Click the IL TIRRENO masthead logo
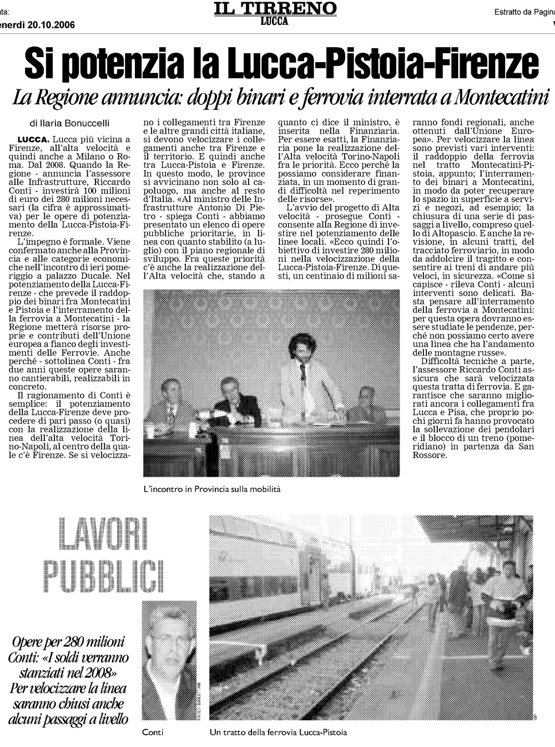[x=275, y=8]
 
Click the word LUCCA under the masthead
[x=275, y=21]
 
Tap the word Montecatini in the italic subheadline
[x=501, y=98]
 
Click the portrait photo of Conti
[x=169, y=660]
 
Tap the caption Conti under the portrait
[x=153, y=732]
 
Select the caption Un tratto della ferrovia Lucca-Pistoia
[x=278, y=732]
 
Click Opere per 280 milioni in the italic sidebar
[x=68, y=642]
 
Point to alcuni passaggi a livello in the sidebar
[x=68, y=719]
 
